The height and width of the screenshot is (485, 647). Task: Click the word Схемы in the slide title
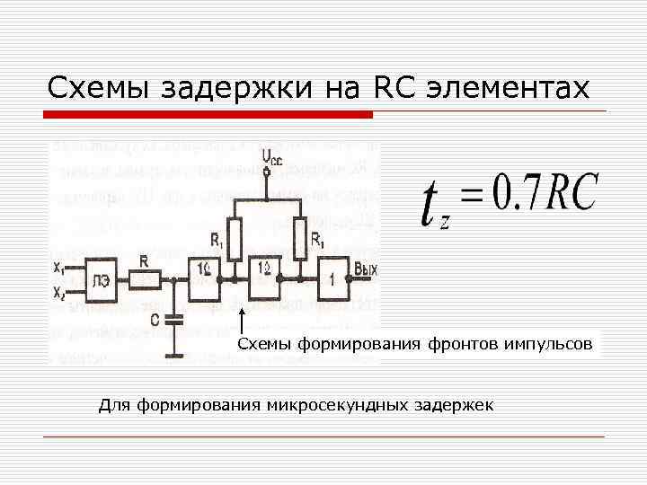tap(100, 88)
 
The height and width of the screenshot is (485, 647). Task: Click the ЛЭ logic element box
tap(101, 280)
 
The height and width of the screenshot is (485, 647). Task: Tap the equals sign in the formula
tap(469, 195)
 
